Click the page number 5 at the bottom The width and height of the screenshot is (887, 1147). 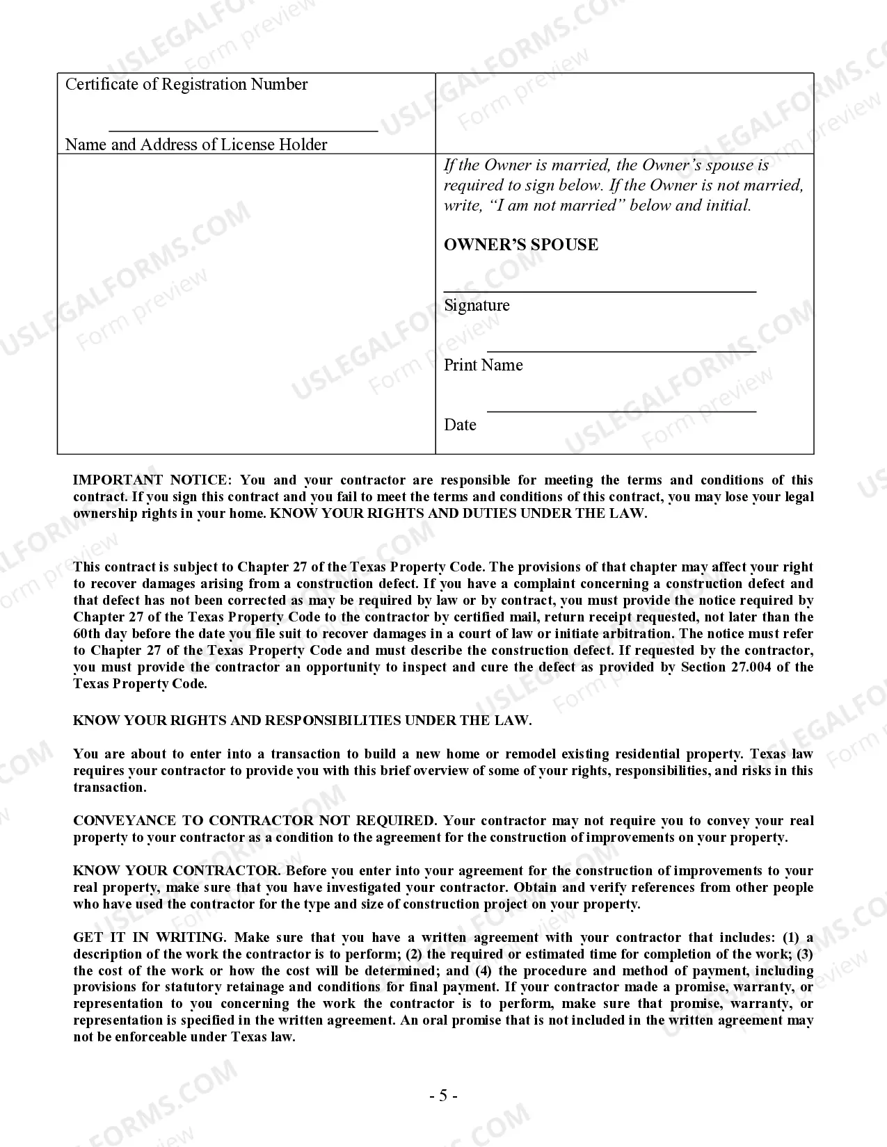[x=443, y=1096]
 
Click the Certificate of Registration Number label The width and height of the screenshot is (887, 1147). [x=186, y=84]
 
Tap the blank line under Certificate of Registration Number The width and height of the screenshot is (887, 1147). [x=243, y=130]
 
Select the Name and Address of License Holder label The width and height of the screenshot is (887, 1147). [x=196, y=145]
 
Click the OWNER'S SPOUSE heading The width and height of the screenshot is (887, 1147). [x=521, y=245]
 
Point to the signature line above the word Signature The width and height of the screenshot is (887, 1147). [x=600, y=291]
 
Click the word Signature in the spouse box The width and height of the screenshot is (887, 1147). [x=477, y=305]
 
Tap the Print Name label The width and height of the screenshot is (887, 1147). [x=484, y=365]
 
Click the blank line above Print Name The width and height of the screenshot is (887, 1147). [x=621, y=352]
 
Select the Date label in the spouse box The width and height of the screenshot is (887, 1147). [x=461, y=425]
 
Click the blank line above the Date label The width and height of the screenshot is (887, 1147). [x=621, y=412]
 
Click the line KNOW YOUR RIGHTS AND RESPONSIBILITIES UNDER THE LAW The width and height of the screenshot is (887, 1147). [x=302, y=721]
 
